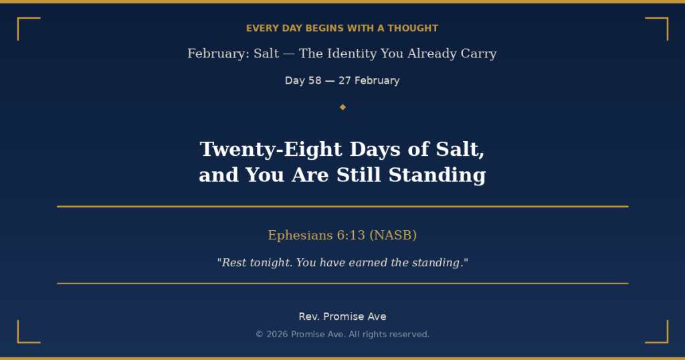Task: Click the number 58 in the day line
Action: pos(314,80)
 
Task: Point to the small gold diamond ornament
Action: pos(342,107)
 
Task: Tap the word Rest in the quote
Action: pos(234,263)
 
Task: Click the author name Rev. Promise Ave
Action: pos(342,317)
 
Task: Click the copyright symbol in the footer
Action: pos(260,335)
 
